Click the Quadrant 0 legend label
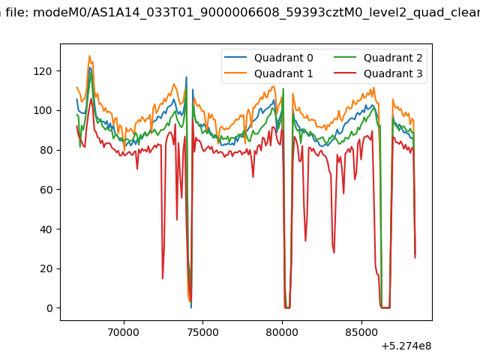(283, 58)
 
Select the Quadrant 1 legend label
(283, 73)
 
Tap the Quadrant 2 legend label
(393, 58)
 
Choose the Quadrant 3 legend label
(393, 73)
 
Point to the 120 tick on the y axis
(43, 71)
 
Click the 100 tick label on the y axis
(43, 110)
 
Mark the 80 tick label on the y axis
(46, 150)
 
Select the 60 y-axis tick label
(46, 190)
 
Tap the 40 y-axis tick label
(46, 229)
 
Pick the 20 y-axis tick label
(46, 268)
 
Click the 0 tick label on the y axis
(49, 308)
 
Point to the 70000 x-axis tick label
(124, 332)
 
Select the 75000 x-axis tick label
(202, 332)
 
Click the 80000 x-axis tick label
(282, 332)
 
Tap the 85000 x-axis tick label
(361, 332)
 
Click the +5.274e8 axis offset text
(406, 346)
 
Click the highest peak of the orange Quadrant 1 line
(89, 55)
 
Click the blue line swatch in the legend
(235, 57)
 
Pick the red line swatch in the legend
(345, 73)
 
